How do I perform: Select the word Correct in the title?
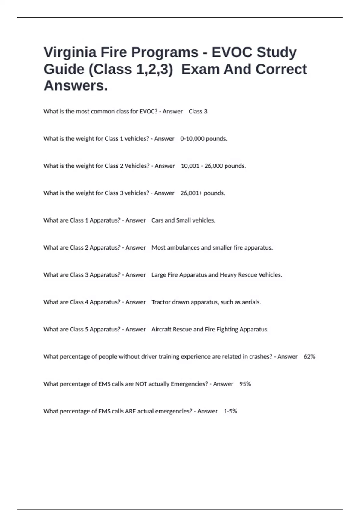(281, 69)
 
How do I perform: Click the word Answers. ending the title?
(76, 86)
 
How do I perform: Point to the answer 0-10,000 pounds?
(204, 139)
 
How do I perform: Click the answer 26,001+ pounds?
(202, 193)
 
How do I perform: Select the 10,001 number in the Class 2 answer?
(190, 166)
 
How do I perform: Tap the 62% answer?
(309, 357)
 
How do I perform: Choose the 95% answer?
(245, 384)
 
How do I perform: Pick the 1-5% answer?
(230, 411)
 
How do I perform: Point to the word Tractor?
(161, 302)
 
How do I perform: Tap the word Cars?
(157, 220)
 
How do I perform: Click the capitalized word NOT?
(141, 384)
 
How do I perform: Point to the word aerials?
(251, 302)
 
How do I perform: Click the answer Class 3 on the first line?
(198, 111)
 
